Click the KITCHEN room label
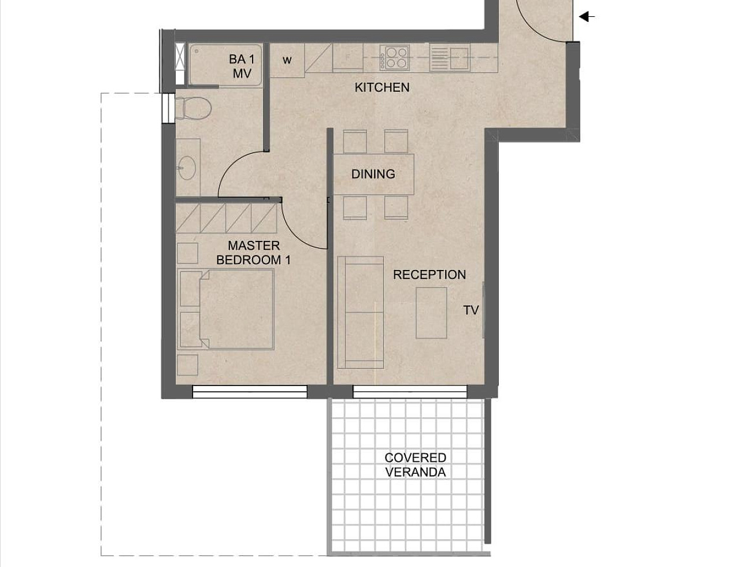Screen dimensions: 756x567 point(382,87)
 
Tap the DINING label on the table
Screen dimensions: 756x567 point(373,174)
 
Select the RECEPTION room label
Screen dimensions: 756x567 point(429,275)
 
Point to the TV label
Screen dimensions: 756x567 point(471,310)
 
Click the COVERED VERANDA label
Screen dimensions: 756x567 point(416,465)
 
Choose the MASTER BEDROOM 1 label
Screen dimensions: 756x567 point(253,253)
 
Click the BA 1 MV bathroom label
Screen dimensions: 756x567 point(242,66)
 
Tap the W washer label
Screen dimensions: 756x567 point(287,60)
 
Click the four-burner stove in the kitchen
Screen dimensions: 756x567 point(394,58)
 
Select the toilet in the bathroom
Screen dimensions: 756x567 point(193,108)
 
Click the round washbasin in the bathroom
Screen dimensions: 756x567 point(187,168)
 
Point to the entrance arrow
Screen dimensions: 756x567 point(587,17)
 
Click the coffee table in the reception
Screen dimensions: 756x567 point(431,313)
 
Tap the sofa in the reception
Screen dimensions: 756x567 point(361,312)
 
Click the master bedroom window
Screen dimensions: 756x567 point(249,392)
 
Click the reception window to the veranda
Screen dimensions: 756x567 point(410,392)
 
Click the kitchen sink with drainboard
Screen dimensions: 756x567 point(450,58)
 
